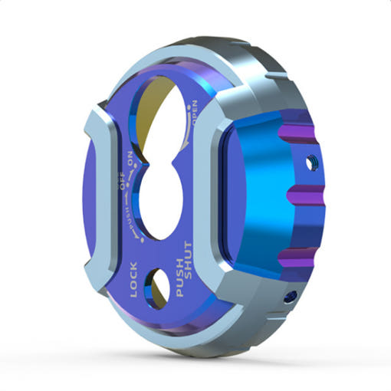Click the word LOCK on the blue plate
tap(134, 280)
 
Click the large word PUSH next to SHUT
tap(179, 278)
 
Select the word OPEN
tap(195, 113)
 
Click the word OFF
tap(123, 182)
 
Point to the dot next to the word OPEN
tap(189, 108)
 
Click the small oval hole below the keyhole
tap(156, 288)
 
